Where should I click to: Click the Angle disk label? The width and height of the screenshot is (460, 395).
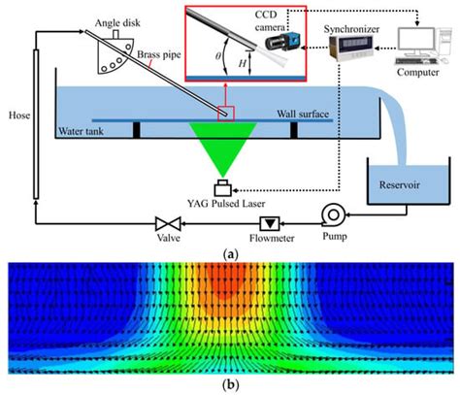point(118,21)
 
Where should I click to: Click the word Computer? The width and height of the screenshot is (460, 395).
point(421,83)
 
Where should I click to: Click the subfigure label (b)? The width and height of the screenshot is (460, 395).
point(230,386)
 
